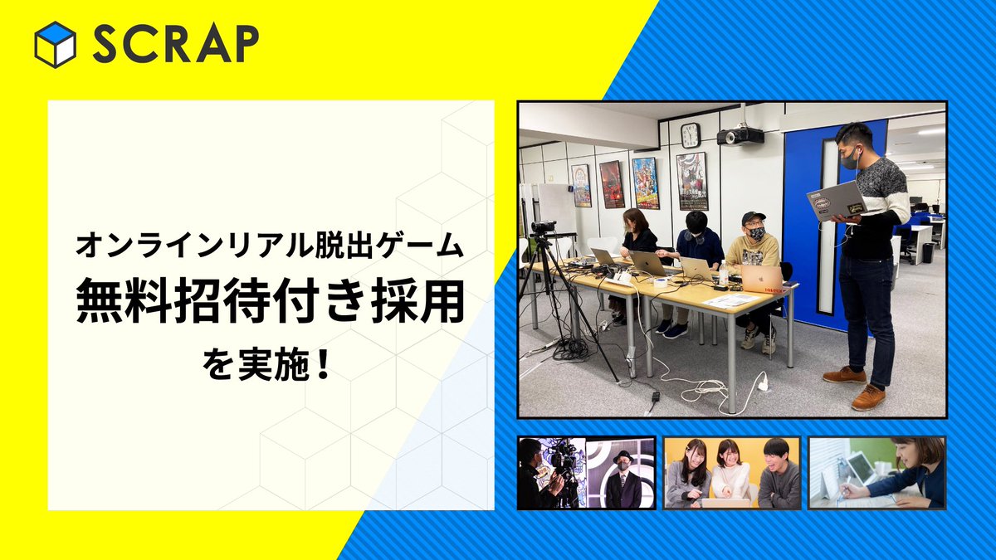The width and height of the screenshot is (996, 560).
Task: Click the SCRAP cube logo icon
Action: pos(56,44)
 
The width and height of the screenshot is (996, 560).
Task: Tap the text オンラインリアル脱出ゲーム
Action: pos(270,246)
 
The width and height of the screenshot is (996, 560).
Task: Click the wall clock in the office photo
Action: pos(690,134)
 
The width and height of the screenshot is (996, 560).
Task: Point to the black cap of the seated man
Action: pos(753,218)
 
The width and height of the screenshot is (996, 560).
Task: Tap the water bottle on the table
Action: pos(723,273)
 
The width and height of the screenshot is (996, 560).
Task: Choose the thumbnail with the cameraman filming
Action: pos(586,473)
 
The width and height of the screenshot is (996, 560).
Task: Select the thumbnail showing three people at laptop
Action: pos(732,473)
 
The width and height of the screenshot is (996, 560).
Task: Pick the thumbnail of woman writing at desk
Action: pos(877,473)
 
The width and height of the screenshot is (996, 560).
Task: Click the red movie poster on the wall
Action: pos(613,183)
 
